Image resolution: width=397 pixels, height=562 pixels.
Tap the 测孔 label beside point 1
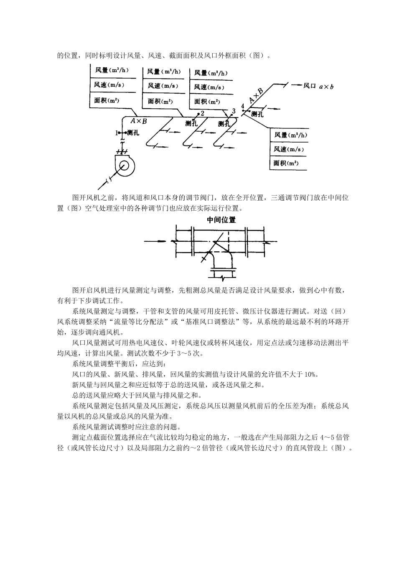pos(133,133)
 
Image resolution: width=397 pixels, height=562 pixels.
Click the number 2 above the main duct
pos(202,113)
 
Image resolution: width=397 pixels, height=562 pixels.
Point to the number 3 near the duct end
pos(234,110)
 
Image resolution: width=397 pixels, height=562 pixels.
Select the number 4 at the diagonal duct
pos(243,105)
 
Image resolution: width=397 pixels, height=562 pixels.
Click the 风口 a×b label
pos(318,86)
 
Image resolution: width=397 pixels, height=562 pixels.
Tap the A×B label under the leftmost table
pos(138,121)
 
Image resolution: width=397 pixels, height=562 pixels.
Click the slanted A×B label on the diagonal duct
pos(256,96)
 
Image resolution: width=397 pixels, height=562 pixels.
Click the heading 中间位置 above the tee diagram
pos(221,220)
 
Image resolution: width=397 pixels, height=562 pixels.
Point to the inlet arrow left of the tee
pos(157,241)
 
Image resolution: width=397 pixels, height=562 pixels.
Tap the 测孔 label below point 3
pos(224,123)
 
